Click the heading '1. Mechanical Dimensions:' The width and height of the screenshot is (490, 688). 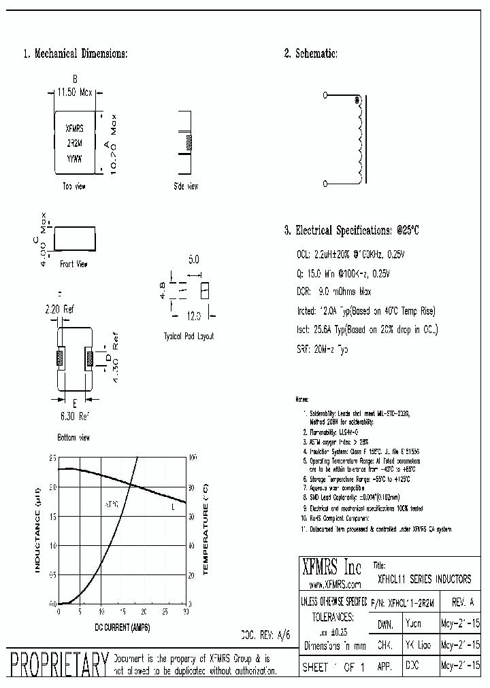(x=76, y=54)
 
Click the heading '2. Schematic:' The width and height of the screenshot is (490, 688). (x=310, y=54)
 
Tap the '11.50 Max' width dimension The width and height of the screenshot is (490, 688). (x=75, y=92)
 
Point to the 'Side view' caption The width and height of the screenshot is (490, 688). (x=186, y=186)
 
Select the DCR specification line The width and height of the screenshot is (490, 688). (x=334, y=292)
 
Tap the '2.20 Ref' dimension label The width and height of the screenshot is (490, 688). (x=61, y=309)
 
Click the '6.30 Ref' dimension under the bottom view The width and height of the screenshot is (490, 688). (x=75, y=415)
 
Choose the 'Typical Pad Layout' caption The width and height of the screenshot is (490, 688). (x=189, y=337)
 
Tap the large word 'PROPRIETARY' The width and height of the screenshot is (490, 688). (x=57, y=664)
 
